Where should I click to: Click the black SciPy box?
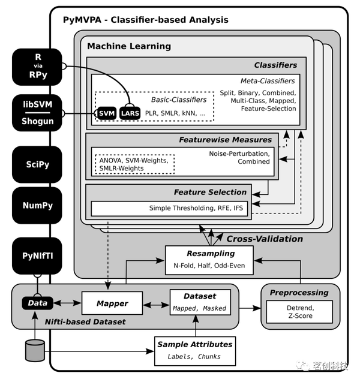click(37, 164)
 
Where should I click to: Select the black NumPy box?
click(37, 206)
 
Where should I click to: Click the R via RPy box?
click(37, 67)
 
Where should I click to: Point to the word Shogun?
click(37, 121)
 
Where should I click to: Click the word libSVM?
click(37, 105)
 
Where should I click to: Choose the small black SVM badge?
click(106, 113)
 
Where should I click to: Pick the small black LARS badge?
click(130, 113)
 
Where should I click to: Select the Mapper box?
click(112, 303)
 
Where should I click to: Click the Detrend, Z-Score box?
click(299, 311)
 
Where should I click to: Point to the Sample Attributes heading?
click(194, 344)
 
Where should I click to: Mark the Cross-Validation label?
click(265, 239)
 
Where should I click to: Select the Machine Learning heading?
click(129, 46)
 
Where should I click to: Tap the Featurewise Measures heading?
click(225, 140)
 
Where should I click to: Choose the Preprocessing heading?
click(299, 293)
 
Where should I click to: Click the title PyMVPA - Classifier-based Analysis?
click(145, 20)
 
